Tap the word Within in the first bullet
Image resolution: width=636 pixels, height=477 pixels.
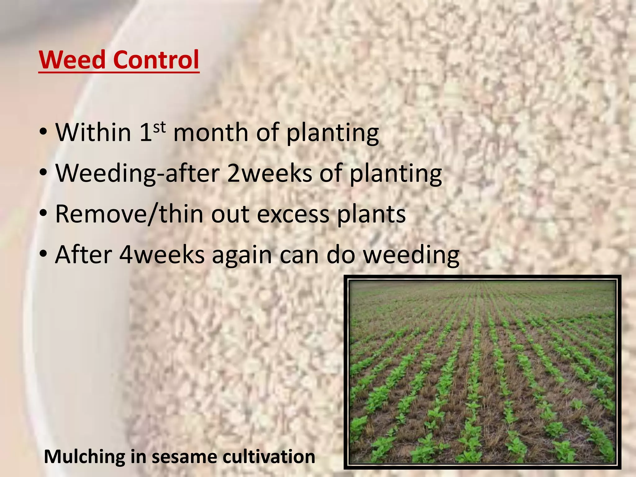(x=93, y=132)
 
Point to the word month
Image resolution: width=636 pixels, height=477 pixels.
(x=211, y=132)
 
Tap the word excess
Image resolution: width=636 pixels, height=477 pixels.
(x=293, y=215)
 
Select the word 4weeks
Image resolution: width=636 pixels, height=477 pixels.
(x=162, y=255)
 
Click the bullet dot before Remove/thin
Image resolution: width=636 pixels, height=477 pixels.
(x=43, y=214)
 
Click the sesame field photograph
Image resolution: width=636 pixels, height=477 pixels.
(x=482, y=372)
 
